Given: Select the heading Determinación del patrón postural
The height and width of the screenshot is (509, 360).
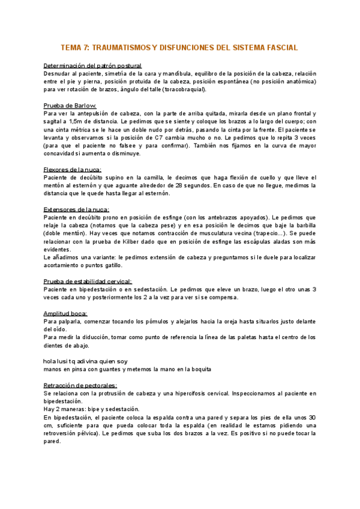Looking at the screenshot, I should tap(93, 65).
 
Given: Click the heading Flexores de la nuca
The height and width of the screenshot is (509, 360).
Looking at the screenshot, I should tap(73, 170).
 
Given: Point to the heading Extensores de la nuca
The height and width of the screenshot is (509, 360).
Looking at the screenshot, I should tap(77, 209).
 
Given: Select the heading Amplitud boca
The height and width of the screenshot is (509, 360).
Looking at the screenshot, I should tap(65, 313).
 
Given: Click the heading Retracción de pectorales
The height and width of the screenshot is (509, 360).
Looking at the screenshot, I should tap(80, 385).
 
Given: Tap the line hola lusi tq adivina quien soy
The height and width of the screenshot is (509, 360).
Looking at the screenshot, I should tap(86, 361).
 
